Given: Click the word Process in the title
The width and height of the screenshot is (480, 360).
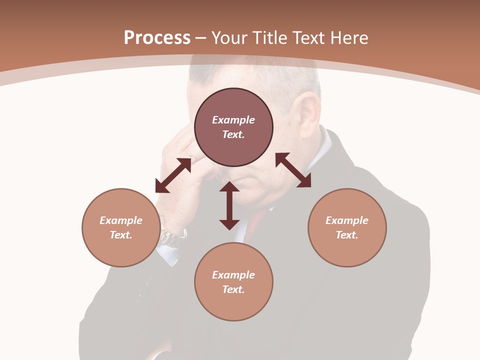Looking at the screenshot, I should coord(157,38).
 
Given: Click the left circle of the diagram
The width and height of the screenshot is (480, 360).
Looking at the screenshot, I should coord(121,227).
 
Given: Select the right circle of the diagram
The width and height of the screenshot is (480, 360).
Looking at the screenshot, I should coord(347,227).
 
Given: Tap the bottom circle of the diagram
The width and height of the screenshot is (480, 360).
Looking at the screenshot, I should coord(233,282).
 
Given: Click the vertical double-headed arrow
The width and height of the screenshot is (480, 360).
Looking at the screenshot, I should coord(229,205).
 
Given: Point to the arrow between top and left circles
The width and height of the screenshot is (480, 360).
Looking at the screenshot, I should coord(173,175).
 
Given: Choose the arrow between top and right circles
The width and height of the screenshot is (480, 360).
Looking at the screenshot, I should coord(293,170).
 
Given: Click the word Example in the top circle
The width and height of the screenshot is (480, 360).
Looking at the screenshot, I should coord(233,120).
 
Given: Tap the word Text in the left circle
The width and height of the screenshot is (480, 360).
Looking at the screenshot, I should coord(121,235).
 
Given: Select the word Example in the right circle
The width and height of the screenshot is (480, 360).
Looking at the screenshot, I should coord(347,220).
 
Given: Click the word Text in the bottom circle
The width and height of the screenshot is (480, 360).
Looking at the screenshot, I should coord(233,289).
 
